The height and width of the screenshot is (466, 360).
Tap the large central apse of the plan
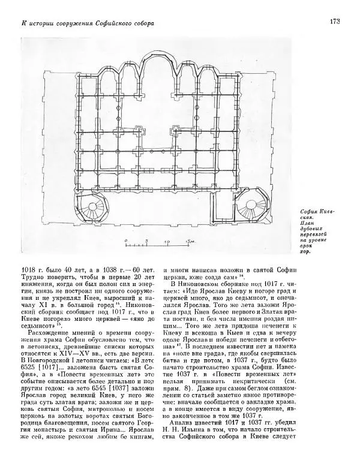[x=159, y=69]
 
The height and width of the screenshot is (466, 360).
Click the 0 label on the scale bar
[x=125, y=242]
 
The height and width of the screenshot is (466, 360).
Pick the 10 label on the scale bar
[x=167, y=242]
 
